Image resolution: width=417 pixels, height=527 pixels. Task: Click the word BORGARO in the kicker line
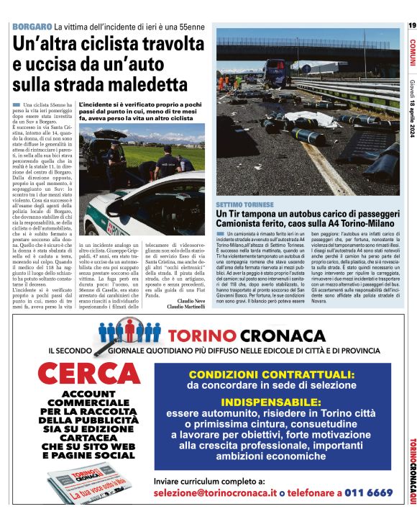coord(32,27)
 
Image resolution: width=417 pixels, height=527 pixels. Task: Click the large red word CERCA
coord(88,374)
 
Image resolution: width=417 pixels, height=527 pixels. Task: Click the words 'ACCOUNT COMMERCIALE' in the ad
coord(88,400)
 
